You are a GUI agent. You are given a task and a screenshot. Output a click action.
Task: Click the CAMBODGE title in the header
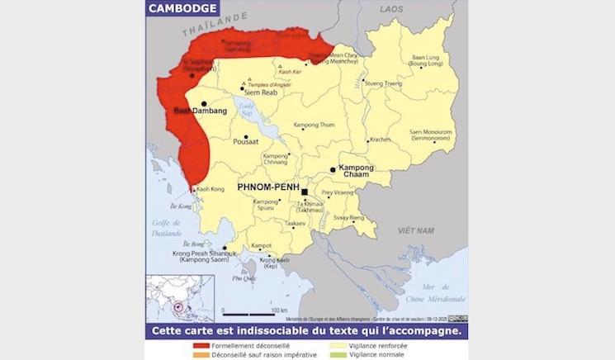click(x=184, y=9)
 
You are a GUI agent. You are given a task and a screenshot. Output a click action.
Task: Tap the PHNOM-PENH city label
click(x=267, y=188)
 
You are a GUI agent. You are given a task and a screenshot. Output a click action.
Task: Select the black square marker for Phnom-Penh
click(x=305, y=192)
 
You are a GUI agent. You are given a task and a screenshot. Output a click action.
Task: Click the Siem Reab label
click(x=259, y=92)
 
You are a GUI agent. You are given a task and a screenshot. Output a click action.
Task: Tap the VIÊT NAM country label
click(x=416, y=230)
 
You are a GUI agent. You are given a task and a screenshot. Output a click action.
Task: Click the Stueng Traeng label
click(x=383, y=83)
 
